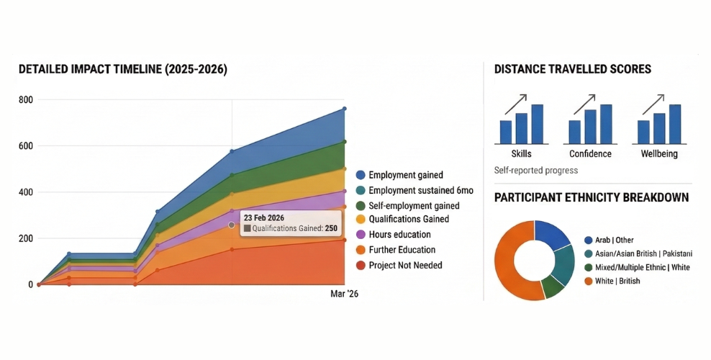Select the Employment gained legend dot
361,175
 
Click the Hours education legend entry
399,235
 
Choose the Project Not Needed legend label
405,265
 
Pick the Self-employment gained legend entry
413,205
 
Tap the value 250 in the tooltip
331,228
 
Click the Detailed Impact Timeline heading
122,70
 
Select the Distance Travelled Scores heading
573,70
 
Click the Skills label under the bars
522,154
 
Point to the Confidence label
590,154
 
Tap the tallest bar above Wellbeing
674,124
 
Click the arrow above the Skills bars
515,104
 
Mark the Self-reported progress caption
536,171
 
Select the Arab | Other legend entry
614,240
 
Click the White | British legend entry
617,281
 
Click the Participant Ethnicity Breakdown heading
592,197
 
